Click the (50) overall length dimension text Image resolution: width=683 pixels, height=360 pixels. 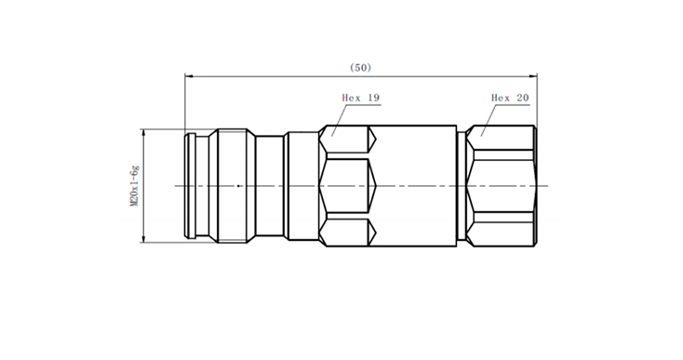coord(361,68)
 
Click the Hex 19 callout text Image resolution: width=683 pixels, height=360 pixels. coord(361,98)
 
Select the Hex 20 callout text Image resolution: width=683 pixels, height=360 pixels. coord(510,98)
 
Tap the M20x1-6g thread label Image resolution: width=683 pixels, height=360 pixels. coord(134,186)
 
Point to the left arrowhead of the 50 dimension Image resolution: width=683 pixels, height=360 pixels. coord(188,76)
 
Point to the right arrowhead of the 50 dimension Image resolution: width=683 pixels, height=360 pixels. coord(533,76)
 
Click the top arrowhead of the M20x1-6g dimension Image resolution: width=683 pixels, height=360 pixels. coord(143,133)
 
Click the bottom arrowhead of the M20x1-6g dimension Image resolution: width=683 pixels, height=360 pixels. coord(143,238)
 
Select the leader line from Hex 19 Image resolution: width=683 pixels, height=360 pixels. coord(341,121)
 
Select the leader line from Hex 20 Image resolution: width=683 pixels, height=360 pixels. coord(489,121)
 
